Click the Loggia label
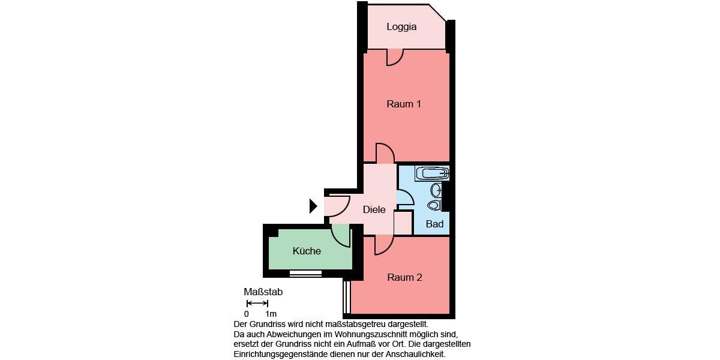pos(401,27)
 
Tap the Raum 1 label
pos(404,104)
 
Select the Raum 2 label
pos(404,277)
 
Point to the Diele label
pos(374,210)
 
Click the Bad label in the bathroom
pos(434,224)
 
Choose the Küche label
pos(307,251)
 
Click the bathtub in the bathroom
pos(432,174)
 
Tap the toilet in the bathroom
pos(434,205)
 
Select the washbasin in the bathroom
pos(436,190)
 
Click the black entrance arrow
pos(313,206)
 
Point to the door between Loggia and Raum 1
pos(394,56)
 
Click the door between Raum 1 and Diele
pos(384,154)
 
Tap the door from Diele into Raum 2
pos(383,244)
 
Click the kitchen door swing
pos(341,235)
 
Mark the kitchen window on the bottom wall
pos(305,273)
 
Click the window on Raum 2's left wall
pos(346,296)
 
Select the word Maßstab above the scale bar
pos(263,292)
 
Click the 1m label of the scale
pos(271,314)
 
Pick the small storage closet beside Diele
pos(403,222)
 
